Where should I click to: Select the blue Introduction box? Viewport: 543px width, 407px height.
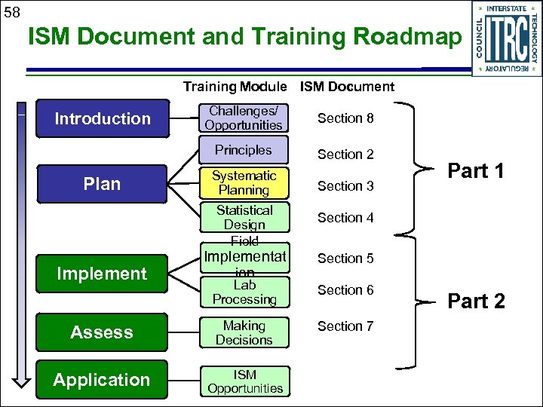point(102,118)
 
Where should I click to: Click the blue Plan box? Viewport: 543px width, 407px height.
point(102,184)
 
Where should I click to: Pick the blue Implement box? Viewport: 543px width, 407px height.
point(102,274)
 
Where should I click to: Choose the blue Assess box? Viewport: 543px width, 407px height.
point(102,332)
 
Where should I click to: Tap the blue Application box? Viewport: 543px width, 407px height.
point(102,380)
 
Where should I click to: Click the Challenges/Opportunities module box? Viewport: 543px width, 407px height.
point(244,118)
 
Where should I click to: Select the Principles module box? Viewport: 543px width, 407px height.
point(244,150)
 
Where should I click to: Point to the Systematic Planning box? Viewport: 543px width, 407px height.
point(244,183)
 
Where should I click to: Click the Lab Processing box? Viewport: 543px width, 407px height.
point(244,292)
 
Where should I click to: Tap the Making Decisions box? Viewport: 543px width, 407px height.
point(244,332)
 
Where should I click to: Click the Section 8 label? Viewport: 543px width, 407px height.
point(345,118)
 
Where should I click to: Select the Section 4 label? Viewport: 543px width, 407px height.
point(345,218)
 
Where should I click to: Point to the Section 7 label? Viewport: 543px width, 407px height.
point(345,326)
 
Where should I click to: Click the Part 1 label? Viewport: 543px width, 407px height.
point(476,171)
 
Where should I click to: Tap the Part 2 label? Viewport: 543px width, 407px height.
point(476,301)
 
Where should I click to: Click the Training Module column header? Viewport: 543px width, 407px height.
point(235,87)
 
